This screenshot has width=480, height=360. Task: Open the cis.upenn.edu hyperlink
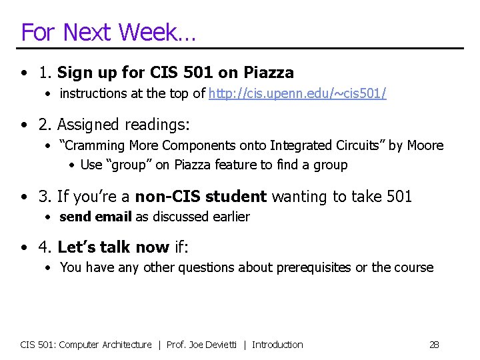[297, 93]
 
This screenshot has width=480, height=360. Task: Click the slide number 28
[434, 345]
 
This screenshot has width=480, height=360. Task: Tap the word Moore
[425, 145]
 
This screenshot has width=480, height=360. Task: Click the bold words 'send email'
[95, 217]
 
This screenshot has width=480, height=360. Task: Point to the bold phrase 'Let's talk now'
[113, 248]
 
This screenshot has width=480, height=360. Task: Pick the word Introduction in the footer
[277, 345]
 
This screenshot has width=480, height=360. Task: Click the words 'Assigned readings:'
[123, 125]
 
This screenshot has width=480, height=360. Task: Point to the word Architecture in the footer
[127, 345]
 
